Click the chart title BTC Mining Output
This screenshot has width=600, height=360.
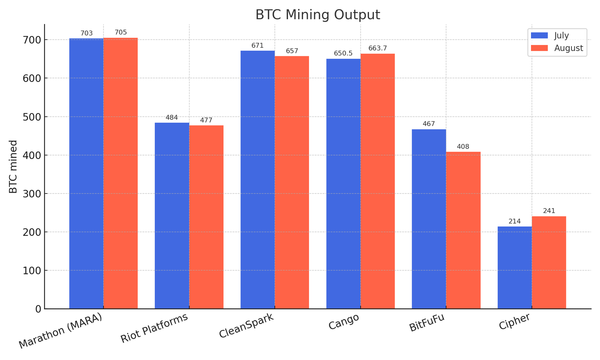point(318,15)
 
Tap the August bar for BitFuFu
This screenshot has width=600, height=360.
point(463,230)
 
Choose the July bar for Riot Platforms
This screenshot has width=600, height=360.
point(172,216)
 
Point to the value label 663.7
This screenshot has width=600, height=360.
point(378,48)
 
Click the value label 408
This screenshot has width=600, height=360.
point(463,147)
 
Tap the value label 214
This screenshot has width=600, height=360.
point(514,221)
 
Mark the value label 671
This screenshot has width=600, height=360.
point(258,46)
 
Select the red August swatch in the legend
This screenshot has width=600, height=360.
point(539,48)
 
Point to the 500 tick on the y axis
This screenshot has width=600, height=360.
point(33,117)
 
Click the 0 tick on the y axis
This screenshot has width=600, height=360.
point(38,309)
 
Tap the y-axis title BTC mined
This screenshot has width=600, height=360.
point(13,166)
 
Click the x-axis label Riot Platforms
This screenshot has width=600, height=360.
point(154,328)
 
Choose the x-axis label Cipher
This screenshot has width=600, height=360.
point(514,321)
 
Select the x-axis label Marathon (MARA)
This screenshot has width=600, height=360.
point(60,331)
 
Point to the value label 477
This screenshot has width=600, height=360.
point(206,120)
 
